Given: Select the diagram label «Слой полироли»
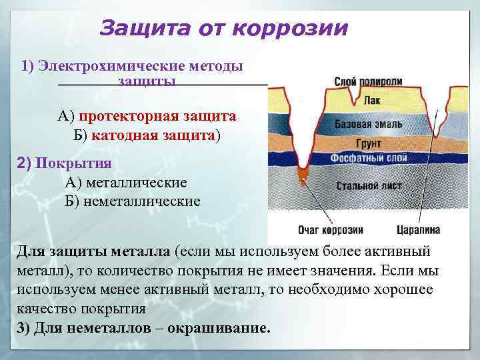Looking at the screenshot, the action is pos(368,81).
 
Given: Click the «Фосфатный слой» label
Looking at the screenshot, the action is pos(368,159).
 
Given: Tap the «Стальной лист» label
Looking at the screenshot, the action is pos(368,185).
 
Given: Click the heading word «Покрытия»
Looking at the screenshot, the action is pos(73,163).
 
